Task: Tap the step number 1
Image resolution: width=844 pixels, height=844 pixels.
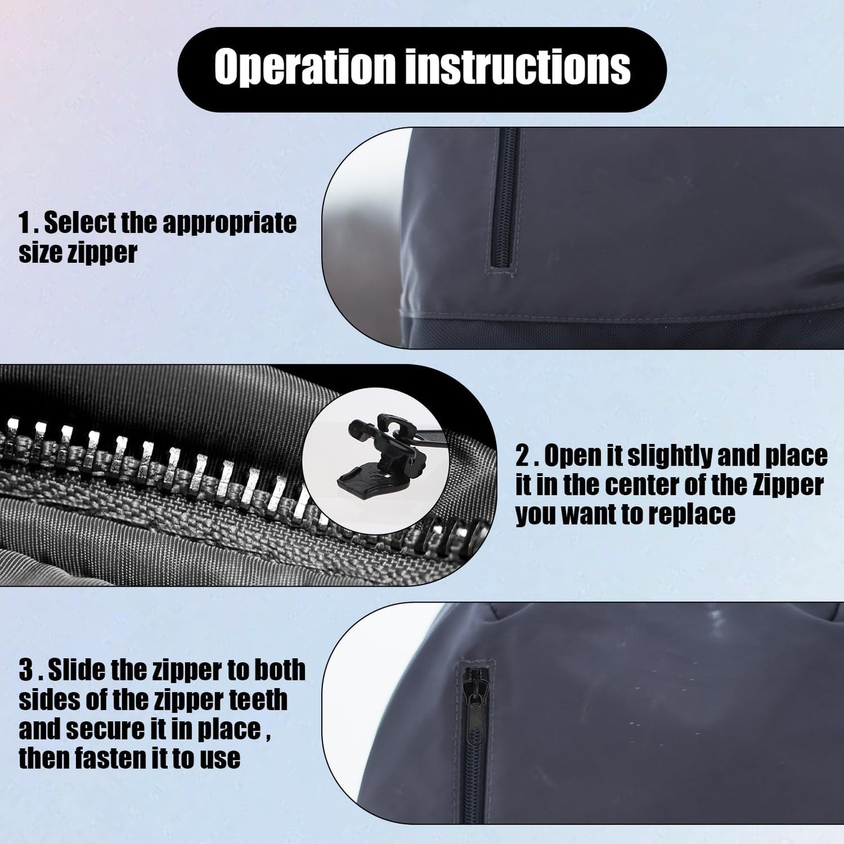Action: coord(25,223)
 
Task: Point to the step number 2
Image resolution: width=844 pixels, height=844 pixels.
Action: coord(522,457)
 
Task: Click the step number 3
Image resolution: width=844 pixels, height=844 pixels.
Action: coord(26,671)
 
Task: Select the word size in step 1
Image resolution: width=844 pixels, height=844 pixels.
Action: coord(40,253)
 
